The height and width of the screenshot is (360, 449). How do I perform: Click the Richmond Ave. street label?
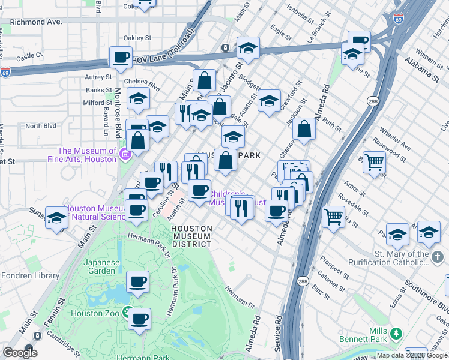(37, 22)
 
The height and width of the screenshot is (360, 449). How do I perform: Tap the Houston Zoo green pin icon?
(127, 313)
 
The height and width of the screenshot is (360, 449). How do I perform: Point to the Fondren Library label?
(30, 276)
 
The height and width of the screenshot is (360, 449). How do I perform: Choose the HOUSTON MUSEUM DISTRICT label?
(191, 236)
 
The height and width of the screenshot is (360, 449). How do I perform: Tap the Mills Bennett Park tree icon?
(396, 333)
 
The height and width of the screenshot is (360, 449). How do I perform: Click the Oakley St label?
(137, 38)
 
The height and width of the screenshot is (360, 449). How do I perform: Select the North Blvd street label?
(41, 126)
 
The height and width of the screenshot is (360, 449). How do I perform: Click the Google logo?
(20, 352)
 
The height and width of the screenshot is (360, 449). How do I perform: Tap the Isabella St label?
(301, 11)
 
